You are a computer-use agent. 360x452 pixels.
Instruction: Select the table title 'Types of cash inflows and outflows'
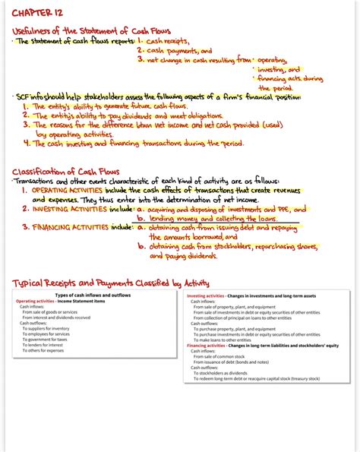[x=93, y=295]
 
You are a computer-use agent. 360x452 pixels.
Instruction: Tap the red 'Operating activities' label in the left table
[x=37, y=301]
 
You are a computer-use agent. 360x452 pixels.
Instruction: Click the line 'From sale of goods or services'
[x=49, y=312]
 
